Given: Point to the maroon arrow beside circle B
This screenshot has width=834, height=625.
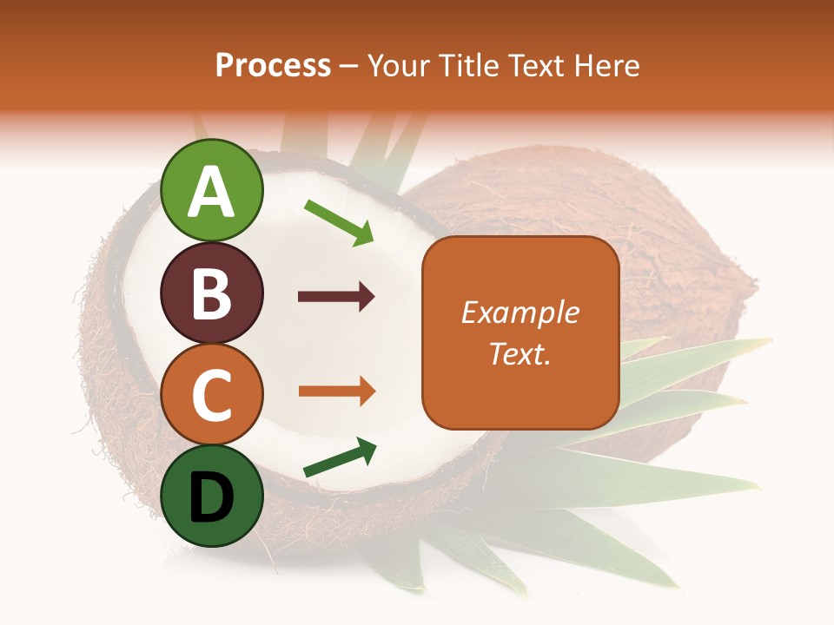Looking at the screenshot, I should (x=336, y=297).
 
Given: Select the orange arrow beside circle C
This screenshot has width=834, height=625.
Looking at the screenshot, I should (x=336, y=391).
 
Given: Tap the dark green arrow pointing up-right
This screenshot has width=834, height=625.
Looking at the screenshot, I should (x=340, y=457).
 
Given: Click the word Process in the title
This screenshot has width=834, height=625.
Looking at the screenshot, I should (x=273, y=66).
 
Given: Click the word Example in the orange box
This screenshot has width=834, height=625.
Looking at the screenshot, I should (x=520, y=312).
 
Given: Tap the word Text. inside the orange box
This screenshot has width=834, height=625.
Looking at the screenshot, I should (x=520, y=353).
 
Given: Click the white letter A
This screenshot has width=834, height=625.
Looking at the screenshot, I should (x=212, y=193).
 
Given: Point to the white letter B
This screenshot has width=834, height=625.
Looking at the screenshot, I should (x=212, y=294).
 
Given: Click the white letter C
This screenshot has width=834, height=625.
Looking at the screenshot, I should (x=212, y=396).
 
